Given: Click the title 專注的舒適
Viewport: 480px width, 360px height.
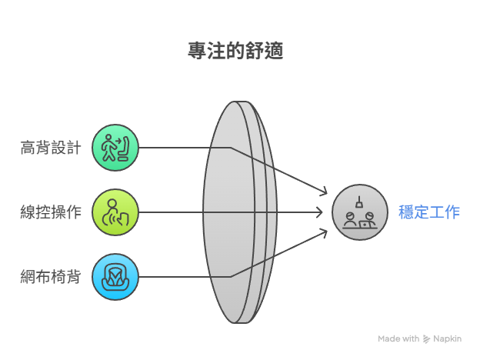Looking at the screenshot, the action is (235, 51).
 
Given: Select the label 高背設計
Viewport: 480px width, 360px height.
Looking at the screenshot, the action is (51, 148).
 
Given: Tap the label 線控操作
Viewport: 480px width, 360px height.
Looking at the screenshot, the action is (51, 212).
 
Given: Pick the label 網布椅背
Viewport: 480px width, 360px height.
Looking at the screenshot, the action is (51, 277).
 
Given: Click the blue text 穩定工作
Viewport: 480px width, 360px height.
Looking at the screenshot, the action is (429, 212).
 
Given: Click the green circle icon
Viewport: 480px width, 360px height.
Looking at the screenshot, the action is (115, 148).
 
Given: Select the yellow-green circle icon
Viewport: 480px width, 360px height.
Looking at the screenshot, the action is (115, 212).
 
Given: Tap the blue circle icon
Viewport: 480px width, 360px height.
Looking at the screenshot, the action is (115, 277).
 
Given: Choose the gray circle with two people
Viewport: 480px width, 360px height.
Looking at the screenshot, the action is (360, 212).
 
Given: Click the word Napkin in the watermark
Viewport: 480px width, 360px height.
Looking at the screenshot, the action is (447, 339).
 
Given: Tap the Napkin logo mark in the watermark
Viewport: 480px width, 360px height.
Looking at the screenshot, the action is (426, 339).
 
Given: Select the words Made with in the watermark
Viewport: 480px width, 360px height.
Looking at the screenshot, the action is (398, 338).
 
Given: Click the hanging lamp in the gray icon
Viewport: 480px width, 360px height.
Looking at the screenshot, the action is (359, 202).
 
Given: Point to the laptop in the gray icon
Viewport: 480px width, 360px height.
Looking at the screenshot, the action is (365, 225).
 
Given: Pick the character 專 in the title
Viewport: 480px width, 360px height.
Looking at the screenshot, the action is (197, 51).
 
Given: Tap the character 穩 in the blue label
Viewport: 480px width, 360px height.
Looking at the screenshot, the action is (406, 212).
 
